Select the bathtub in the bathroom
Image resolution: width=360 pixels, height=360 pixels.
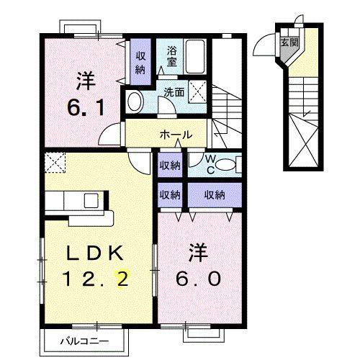(x=194, y=55)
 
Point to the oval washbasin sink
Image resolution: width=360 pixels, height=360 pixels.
(x=135, y=102)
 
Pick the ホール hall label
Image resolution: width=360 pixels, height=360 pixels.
(x=175, y=135)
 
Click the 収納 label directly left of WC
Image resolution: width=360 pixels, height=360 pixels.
(x=170, y=166)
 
